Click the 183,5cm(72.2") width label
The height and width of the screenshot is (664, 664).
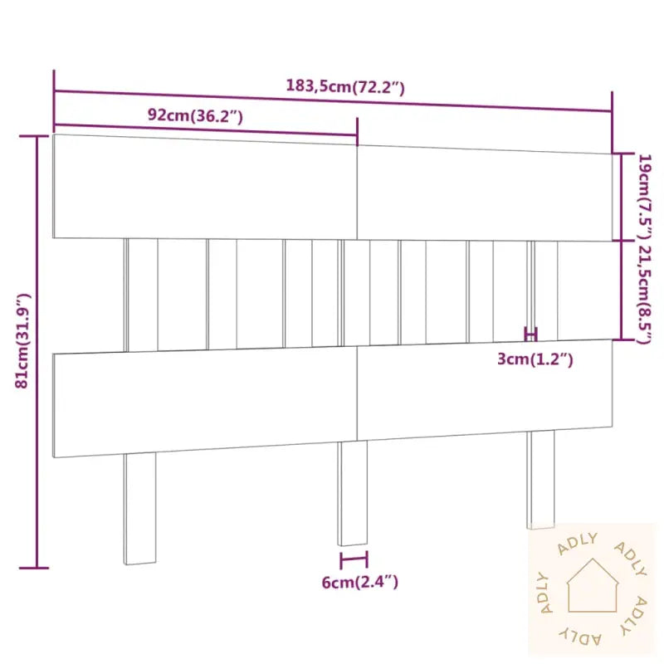pyautogui.click(x=345, y=87)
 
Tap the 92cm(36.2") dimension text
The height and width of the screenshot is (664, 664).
pyautogui.click(x=195, y=115)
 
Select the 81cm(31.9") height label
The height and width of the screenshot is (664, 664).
pyautogui.click(x=22, y=340)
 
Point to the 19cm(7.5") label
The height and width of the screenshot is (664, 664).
pyautogui.click(x=646, y=197)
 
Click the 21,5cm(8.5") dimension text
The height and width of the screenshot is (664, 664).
pyautogui.click(x=646, y=294)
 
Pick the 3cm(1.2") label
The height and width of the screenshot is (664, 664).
pyautogui.click(x=535, y=359)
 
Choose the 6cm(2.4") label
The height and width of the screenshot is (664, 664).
pyautogui.click(x=360, y=583)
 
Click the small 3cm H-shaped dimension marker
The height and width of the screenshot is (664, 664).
pyautogui.click(x=530, y=334)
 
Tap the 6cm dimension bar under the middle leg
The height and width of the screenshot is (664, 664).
pyautogui.click(x=354, y=559)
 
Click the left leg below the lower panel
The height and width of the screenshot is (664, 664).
pyautogui.click(x=139, y=508)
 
